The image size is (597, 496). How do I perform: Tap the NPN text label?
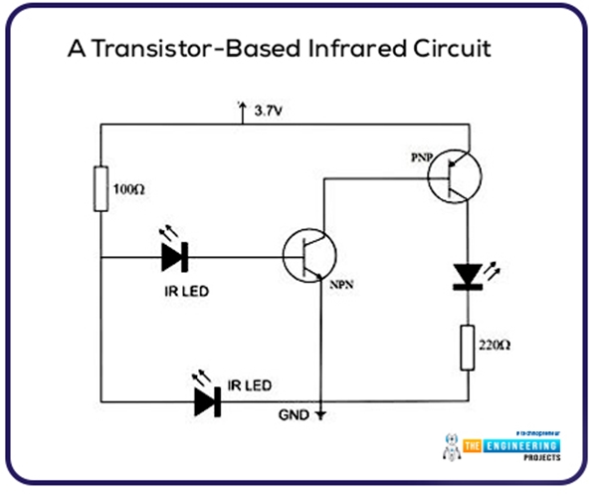point(340,285)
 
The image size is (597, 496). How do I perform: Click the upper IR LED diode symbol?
point(176,257)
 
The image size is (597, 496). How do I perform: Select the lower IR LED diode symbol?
point(208,399)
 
